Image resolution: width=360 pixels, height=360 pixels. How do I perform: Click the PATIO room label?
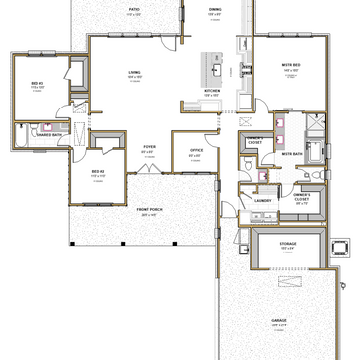tap(134, 9)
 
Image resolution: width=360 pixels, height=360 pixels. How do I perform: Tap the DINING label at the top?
tap(215, 9)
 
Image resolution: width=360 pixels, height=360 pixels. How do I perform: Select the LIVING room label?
tap(134, 72)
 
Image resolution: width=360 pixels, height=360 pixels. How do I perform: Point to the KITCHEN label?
tap(212, 91)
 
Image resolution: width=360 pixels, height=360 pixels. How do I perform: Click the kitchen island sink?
tap(215, 70)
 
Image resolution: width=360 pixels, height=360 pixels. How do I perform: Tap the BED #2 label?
tap(98, 171)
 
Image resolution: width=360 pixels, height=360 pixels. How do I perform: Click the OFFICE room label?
tap(196, 150)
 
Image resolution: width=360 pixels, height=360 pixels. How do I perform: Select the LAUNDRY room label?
tap(262, 200)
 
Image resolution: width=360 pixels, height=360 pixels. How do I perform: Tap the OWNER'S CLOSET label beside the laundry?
tap(303, 196)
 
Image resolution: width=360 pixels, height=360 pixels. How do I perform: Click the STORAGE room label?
tap(287, 242)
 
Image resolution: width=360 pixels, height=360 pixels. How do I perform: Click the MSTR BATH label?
tap(292, 154)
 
